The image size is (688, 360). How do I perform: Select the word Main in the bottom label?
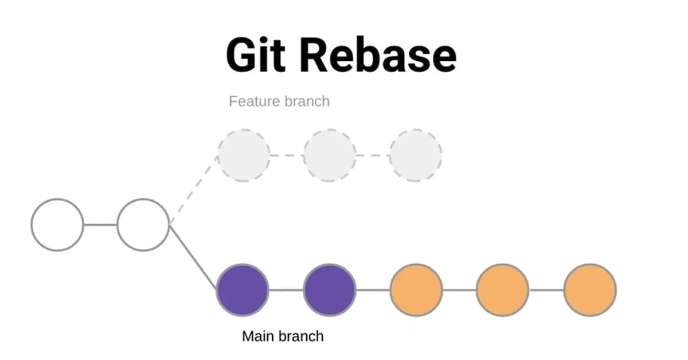click(256, 336)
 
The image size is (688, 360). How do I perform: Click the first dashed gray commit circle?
click(244, 155)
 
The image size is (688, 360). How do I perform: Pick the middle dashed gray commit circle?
click(330, 155)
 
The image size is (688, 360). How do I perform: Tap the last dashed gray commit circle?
click(416, 155)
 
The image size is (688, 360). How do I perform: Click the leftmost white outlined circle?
click(57, 225)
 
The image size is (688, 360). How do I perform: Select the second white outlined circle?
click(143, 225)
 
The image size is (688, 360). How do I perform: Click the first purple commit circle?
click(243, 290)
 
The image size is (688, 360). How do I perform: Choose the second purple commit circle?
click(330, 290)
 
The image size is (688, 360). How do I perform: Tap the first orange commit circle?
click(416, 290)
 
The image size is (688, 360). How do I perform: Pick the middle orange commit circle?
click(503, 290)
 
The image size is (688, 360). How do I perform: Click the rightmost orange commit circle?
click(590, 290)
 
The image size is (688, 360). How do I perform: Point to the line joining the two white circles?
click(100, 225)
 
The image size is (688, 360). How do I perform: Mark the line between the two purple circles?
click(286, 290)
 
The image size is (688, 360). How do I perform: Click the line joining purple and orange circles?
click(373, 290)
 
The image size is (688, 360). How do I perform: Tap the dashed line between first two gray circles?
click(287, 155)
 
